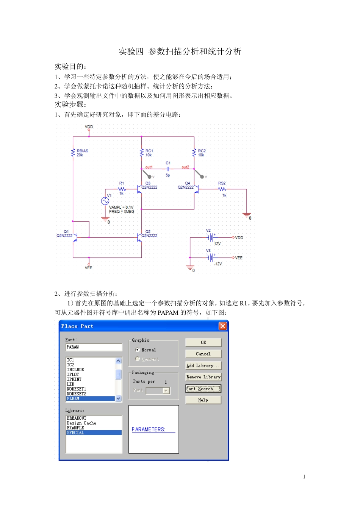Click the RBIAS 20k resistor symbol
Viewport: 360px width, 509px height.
(x=73, y=153)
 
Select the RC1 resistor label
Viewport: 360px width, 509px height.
(x=149, y=151)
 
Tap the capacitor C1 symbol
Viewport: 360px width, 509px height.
(x=168, y=169)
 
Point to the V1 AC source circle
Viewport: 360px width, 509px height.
(x=105, y=201)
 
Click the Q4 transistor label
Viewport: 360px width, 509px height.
(x=187, y=183)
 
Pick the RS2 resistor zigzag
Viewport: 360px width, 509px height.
(x=222, y=189)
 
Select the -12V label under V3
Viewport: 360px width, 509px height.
(x=218, y=264)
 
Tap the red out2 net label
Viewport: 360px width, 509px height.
(x=185, y=167)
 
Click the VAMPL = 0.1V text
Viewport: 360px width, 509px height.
(x=121, y=207)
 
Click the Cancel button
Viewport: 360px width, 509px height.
(x=203, y=354)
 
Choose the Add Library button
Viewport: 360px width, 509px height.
(x=203, y=365)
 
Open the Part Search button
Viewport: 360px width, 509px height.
(x=203, y=389)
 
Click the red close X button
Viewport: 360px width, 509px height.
(x=223, y=326)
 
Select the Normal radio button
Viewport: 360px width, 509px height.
(x=138, y=350)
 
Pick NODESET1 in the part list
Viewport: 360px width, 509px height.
(x=77, y=389)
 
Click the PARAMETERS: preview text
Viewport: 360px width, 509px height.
(x=149, y=429)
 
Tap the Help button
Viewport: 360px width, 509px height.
(x=203, y=400)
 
